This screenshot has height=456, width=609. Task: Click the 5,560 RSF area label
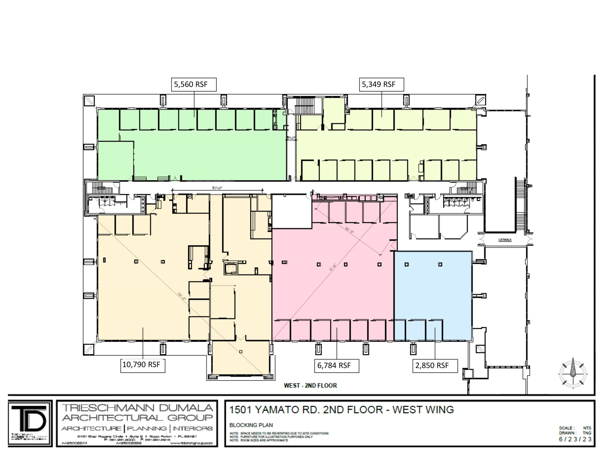coord(194,85)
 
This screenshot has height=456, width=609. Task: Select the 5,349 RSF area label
coord(381,85)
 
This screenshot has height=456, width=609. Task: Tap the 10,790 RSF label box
coord(143,365)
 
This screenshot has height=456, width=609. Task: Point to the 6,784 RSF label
coord(336,366)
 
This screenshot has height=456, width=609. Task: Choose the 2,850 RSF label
coord(434,366)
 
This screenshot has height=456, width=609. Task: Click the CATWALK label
coord(505,240)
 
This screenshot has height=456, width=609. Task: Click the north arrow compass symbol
coord(573,374)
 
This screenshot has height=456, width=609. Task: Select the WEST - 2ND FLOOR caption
coord(310,386)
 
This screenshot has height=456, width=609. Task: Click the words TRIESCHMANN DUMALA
coord(137,408)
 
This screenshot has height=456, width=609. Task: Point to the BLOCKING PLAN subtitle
coord(251,425)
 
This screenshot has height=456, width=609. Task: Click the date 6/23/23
coord(575,439)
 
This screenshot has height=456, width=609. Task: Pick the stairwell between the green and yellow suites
coord(304,106)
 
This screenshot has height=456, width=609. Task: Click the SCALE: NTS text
coord(575,428)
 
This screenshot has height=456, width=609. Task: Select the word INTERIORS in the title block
coord(192,428)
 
